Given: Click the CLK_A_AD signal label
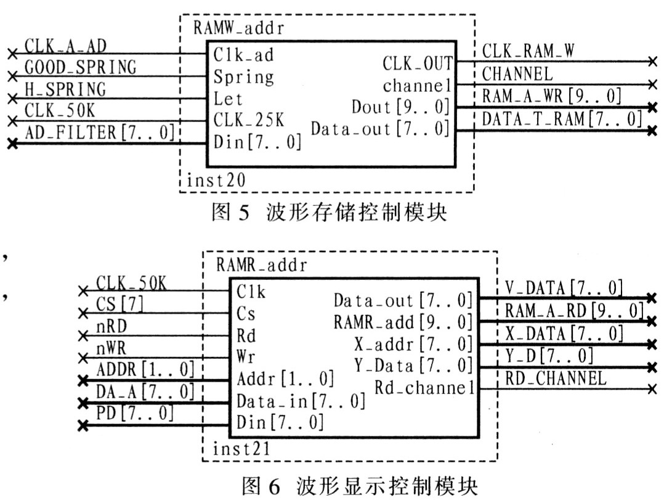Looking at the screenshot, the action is [65, 46].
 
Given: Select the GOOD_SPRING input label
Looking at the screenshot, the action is [81, 67].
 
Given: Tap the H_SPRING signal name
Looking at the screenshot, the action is [65, 89].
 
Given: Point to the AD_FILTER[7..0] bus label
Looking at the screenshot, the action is [99, 133].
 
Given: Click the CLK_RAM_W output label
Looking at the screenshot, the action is [528, 51].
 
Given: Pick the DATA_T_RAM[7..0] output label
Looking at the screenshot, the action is [562, 119].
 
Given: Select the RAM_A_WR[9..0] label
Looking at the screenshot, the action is [551, 96].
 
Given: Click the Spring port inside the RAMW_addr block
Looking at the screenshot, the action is [243, 77].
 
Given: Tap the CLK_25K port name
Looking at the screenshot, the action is [249, 120].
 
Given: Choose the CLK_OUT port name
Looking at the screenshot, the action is [418, 64].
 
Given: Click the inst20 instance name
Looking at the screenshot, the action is [216, 180].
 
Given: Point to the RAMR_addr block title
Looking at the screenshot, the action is [261, 264].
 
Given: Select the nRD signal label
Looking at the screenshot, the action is [111, 327].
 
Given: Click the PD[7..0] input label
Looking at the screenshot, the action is [135, 414].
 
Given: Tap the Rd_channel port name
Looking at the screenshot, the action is [424, 388].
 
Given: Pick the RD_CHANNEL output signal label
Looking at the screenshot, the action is [556, 378].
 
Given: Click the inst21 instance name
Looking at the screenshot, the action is [241, 449].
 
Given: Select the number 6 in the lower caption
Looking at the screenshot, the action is [274, 486].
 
